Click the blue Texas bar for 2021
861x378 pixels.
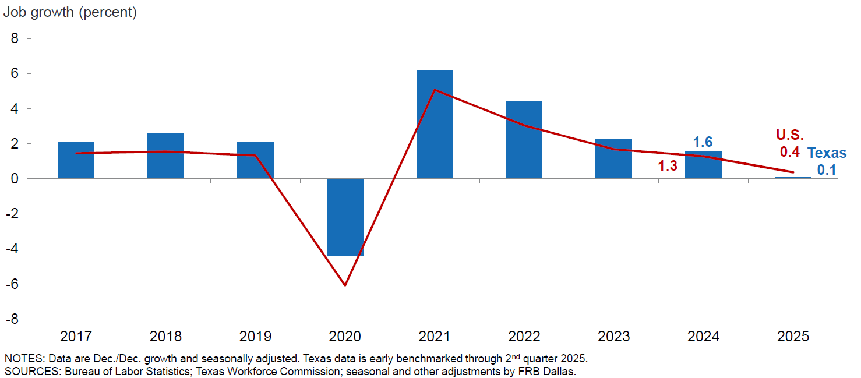[435, 124]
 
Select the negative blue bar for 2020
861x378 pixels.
[345, 217]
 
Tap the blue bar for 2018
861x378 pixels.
[165, 156]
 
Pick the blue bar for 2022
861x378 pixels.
[524, 140]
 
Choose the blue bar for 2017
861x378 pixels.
[76, 160]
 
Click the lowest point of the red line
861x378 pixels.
[345, 285]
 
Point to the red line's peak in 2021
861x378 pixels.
[435, 90]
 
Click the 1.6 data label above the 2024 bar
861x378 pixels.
[703, 142]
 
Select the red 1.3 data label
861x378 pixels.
[668, 166]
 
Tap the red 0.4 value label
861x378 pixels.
[790, 152]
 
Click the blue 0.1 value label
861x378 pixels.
[826, 169]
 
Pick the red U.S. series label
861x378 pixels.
[789, 135]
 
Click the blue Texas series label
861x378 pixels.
[827, 153]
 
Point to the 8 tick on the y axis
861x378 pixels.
[15, 38]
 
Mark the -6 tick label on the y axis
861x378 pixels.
[13, 284]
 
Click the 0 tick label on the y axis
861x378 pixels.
[15, 179]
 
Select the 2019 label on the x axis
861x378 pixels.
[255, 337]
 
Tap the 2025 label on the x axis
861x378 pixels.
[793, 337]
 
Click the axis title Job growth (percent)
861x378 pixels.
[70, 12]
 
